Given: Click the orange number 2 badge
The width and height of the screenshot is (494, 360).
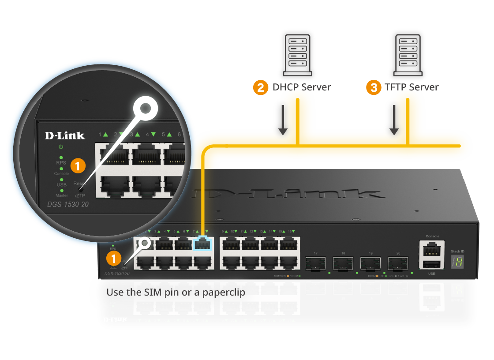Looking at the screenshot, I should pyautogui.click(x=261, y=87).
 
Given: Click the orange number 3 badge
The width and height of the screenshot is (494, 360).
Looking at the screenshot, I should pyautogui.click(x=374, y=87).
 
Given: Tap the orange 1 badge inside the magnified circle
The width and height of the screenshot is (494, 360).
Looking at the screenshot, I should pyautogui.click(x=78, y=166).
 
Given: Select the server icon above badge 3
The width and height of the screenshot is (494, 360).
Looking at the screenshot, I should pyautogui.click(x=408, y=55).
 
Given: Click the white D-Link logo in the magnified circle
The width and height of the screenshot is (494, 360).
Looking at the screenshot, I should pyautogui.click(x=65, y=135).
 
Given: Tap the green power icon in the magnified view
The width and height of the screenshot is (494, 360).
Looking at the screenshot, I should pyautogui.click(x=61, y=146).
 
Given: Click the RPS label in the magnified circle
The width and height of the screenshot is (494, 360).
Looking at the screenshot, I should pyautogui.click(x=61, y=163).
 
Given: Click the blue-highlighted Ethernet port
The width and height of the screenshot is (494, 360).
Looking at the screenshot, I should pyautogui.click(x=202, y=244).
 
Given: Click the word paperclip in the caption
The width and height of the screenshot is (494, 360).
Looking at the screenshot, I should pyautogui.click(x=224, y=292).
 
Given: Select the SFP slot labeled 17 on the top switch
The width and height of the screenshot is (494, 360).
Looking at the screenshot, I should pyautogui.click(x=316, y=263).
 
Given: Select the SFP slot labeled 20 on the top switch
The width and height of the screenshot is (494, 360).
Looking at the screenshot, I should pyautogui.click(x=398, y=263).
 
